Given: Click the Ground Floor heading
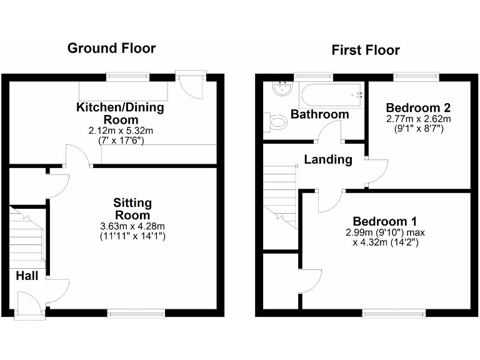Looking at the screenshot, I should pyautogui.click(x=111, y=48).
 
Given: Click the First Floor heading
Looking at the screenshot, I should pyautogui.click(x=366, y=50).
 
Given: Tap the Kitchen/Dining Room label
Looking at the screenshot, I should pyautogui.click(x=120, y=113).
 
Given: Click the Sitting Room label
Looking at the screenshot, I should pyautogui.click(x=132, y=209).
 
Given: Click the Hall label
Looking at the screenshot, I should pyautogui.click(x=27, y=276).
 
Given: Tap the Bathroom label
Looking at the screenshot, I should pyautogui.click(x=320, y=114).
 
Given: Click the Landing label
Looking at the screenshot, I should pyautogui.click(x=327, y=159).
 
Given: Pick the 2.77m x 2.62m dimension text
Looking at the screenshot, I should pyautogui.click(x=418, y=119).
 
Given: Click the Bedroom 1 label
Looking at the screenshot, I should pyautogui.click(x=385, y=221).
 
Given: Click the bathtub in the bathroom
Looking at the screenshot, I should pyautogui.click(x=331, y=95).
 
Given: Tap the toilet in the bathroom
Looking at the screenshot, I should pyautogui.click(x=275, y=122).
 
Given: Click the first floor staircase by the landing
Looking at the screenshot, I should pyautogui.click(x=279, y=194).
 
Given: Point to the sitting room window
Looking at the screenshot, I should pyautogui.click(x=136, y=312).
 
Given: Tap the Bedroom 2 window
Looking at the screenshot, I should pyautogui.click(x=416, y=77).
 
